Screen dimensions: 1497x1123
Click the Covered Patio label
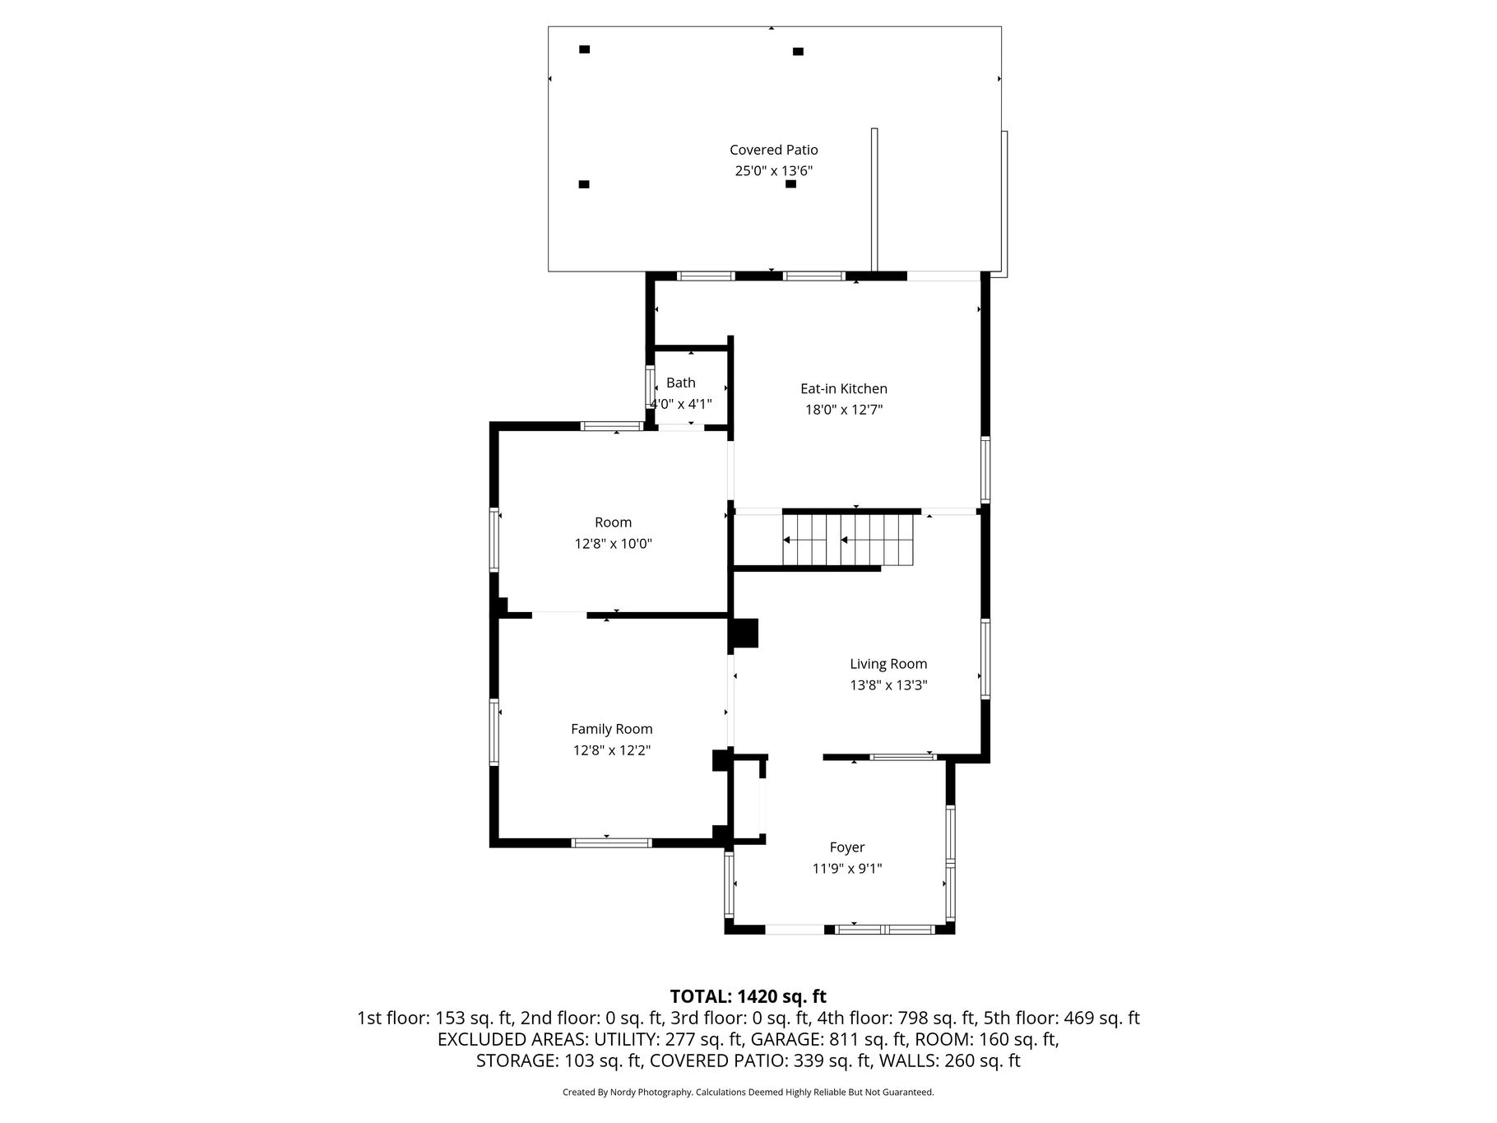774,150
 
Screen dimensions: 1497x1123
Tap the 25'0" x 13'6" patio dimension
774,171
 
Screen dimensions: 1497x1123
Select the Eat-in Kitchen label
844,388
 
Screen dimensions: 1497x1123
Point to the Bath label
681,383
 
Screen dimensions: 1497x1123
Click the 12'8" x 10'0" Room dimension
614,544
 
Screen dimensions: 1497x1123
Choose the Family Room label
612,729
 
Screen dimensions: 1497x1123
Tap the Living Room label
888,664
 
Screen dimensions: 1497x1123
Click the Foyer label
847,847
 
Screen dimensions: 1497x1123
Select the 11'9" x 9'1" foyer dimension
847,869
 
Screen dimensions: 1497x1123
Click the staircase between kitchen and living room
848,541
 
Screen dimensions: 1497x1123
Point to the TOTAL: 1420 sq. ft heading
748,997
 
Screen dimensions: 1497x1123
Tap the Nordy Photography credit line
748,1093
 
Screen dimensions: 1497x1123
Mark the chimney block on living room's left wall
744,632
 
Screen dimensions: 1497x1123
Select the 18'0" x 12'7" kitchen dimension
844,410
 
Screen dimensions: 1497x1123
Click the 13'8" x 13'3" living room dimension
888,685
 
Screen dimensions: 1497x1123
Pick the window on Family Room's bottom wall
612,842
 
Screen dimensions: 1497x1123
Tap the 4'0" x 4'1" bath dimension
681,404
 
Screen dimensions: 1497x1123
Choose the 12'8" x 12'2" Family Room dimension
612,750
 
